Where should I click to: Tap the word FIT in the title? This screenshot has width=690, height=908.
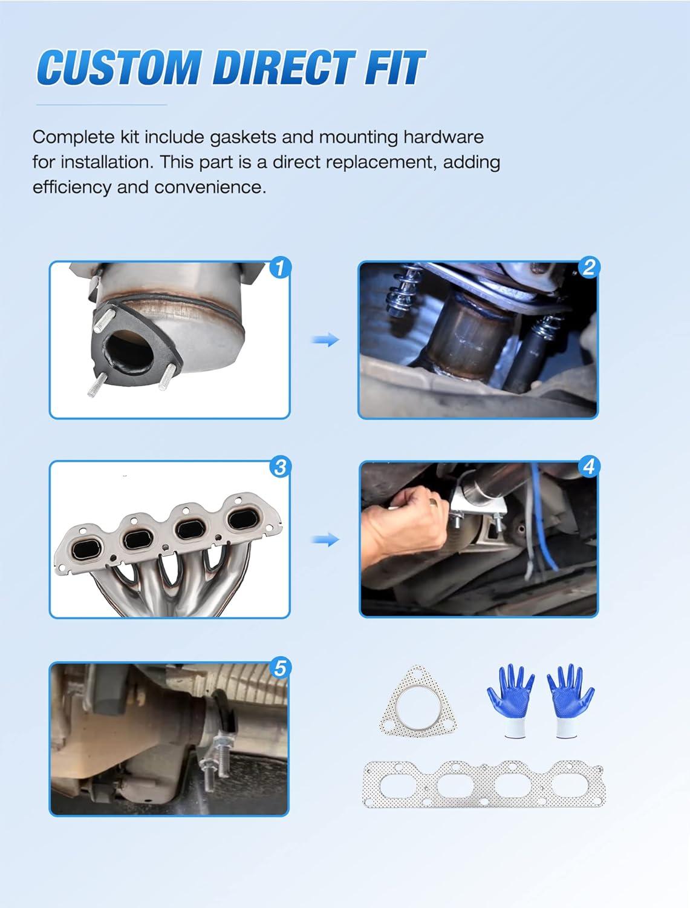[394, 67]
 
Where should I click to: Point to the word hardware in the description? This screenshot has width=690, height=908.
[443, 137]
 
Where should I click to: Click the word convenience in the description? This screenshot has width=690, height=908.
[210, 188]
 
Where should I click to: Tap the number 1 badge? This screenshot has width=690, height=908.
[280, 268]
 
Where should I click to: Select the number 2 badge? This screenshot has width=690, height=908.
[588, 267]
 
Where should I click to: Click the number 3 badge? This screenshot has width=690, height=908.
[280, 467]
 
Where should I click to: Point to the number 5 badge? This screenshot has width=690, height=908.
[280, 668]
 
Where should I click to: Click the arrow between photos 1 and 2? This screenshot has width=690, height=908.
[325, 340]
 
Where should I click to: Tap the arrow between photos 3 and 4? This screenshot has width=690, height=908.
[325, 539]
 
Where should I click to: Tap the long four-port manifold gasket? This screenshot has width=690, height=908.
[484, 784]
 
